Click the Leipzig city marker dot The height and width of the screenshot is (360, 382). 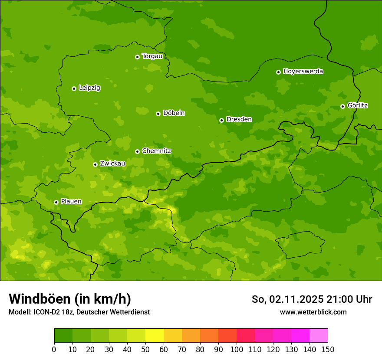click(74, 88)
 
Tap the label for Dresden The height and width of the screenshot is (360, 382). click(239, 119)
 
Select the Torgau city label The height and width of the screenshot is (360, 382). click(152, 56)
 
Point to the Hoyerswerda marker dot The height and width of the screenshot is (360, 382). click(278, 72)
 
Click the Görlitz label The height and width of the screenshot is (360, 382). click(357, 105)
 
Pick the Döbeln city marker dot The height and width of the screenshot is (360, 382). click(158, 114)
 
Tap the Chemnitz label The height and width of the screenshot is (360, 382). click(156, 151)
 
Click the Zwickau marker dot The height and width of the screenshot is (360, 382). click(95, 164)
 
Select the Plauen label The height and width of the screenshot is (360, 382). click(71, 201)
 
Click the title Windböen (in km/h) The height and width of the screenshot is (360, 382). click(69, 299)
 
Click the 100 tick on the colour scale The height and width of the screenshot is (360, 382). click(237, 349)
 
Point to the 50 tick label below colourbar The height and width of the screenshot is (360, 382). click(145, 349)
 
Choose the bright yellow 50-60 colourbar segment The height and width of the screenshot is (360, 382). click(155, 336)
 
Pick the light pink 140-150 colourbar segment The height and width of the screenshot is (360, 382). click(319, 336)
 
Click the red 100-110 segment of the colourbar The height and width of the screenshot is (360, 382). click(246, 336)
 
